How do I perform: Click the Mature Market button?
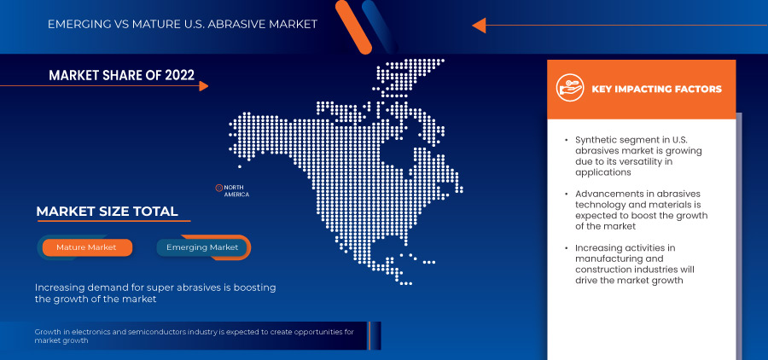pos(86,247)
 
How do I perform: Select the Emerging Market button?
pos(202,247)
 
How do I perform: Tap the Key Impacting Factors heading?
pos(656,89)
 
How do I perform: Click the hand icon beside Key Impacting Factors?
pos(568,88)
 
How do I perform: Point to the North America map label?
pos(236,190)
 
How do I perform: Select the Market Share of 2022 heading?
pos(121,76)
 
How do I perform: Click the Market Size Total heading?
pos(107,212)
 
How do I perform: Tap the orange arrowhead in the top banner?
pos(479,25)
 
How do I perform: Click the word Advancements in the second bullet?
pos(613,194)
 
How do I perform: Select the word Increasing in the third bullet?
pos(601,248)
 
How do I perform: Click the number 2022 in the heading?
pos(175,76)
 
